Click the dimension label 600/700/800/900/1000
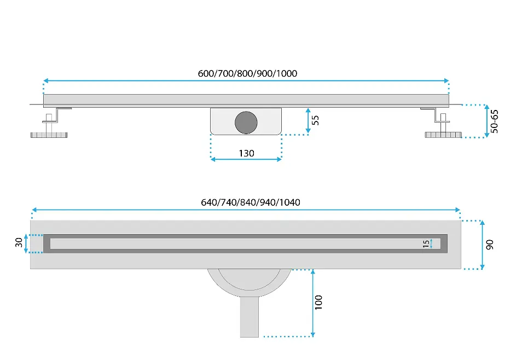(x=247, y=73)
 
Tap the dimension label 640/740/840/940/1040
(x=251, y=202)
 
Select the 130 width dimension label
(x=246, y=153)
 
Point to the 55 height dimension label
(x=315, y=120)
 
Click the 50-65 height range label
(x=494, y=121)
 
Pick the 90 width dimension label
(x=490, y=245)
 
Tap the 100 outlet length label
(x=318, y=303)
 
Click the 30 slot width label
(x=19, y=242)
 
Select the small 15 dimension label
(x=426, y=244)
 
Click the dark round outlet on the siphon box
(x=246, y=123)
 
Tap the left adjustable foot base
(x=49, y=135)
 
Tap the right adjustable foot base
(x=443, y=135)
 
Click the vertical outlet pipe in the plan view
(x=249, y=317)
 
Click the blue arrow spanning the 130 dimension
(x=246, y=159)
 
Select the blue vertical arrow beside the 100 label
(x=312, y=303)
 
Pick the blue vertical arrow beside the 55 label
(x=308, y=121)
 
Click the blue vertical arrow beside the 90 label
(x=483, y=245)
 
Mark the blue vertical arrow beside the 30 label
(x=26, y=244)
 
